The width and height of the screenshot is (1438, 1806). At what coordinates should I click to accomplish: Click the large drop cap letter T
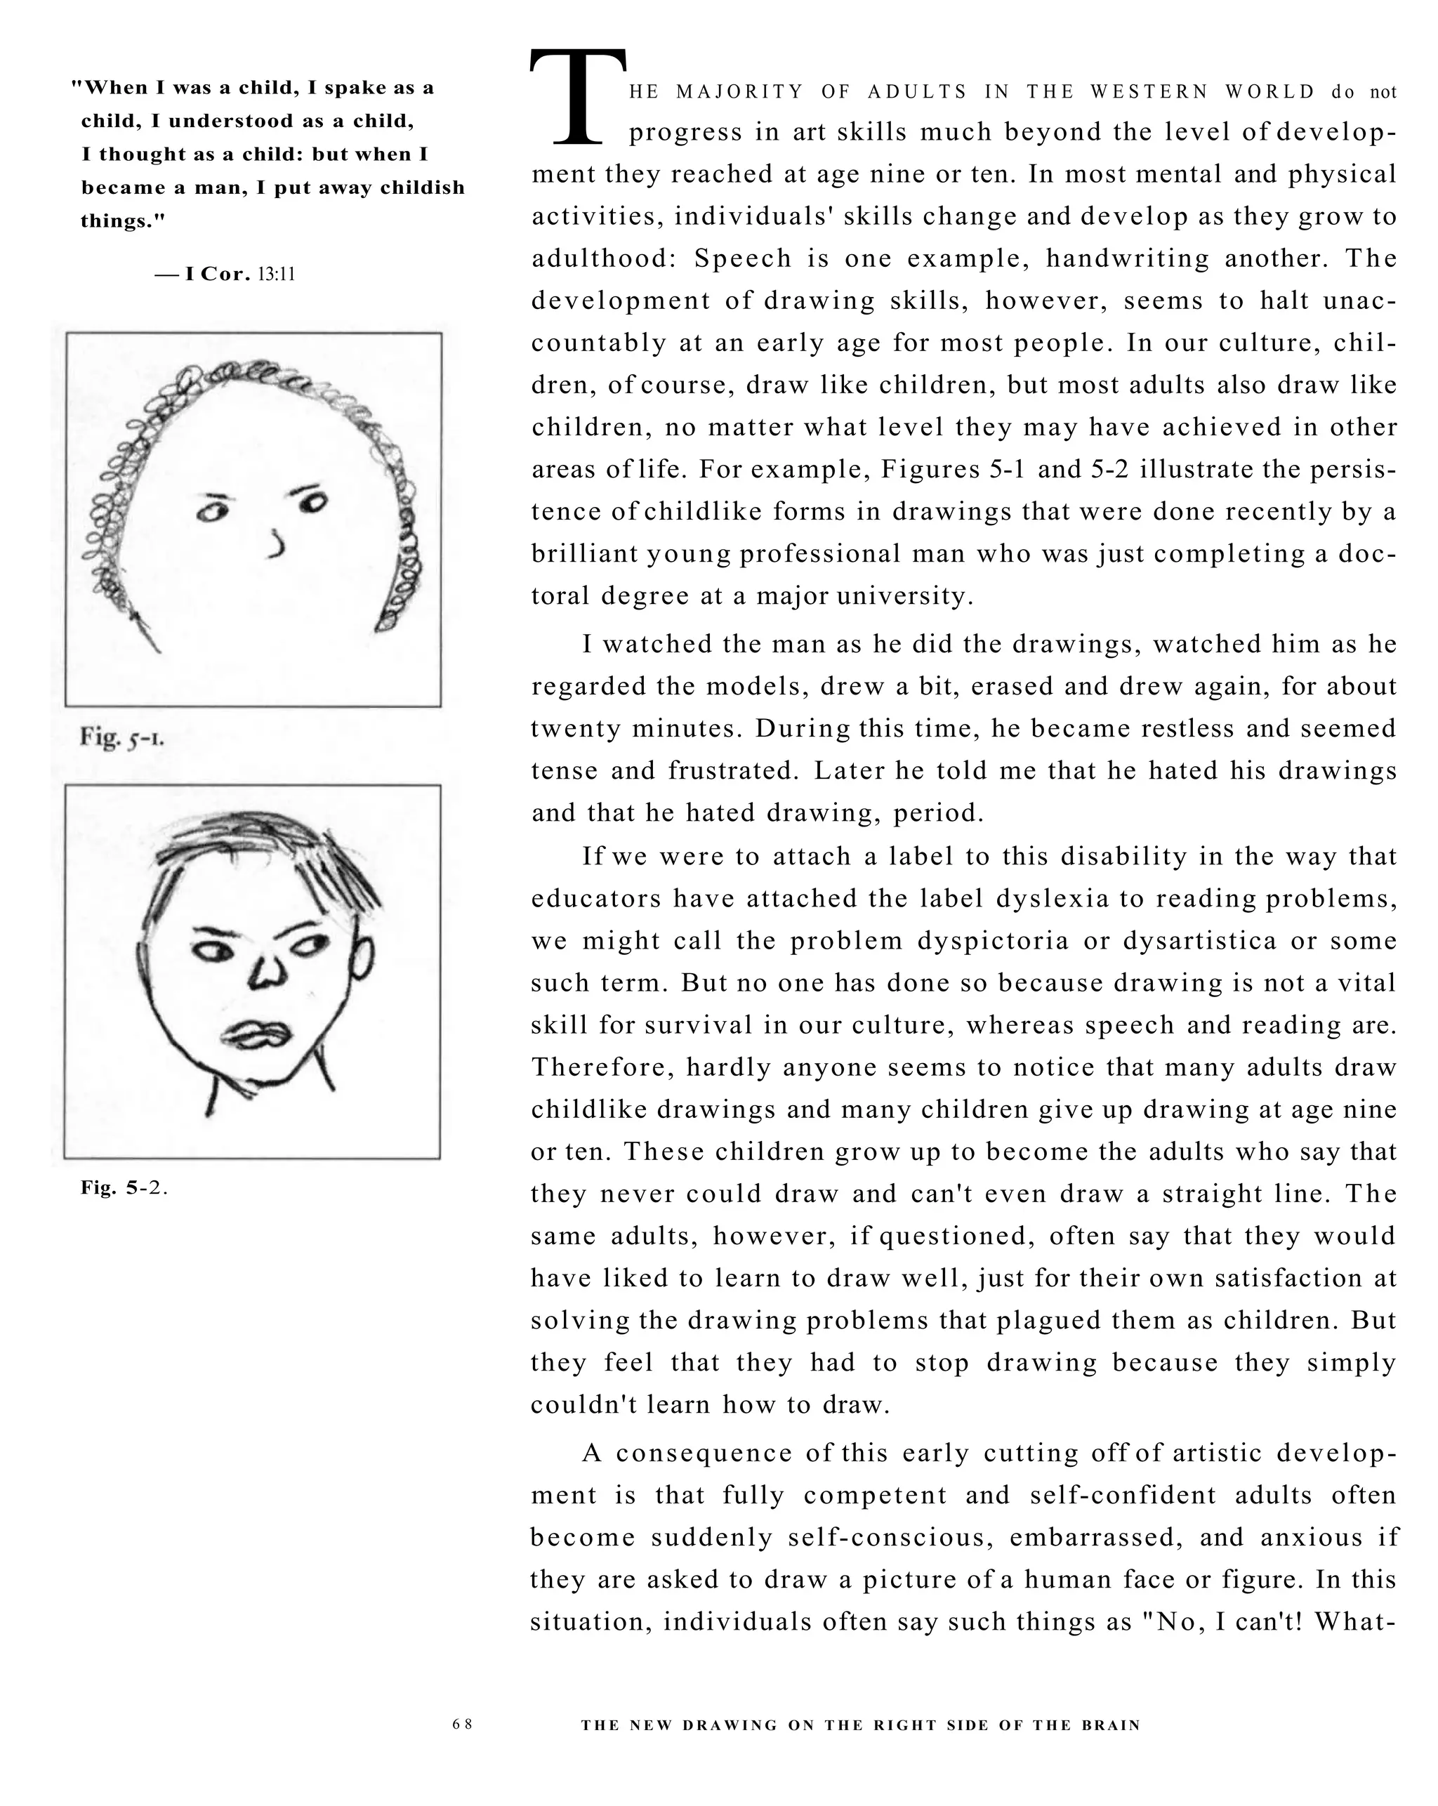[578, 97]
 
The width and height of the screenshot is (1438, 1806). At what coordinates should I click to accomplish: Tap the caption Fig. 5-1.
[122, 738]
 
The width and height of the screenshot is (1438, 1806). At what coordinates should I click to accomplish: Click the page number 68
[462, 1724]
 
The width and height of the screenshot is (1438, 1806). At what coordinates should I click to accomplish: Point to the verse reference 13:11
[277, 275]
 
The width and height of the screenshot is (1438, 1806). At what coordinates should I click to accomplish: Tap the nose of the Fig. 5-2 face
[268, 972]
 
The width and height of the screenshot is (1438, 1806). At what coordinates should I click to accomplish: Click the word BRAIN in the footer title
[1112, 1725]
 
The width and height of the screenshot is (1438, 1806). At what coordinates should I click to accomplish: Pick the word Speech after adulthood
[743, 259]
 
